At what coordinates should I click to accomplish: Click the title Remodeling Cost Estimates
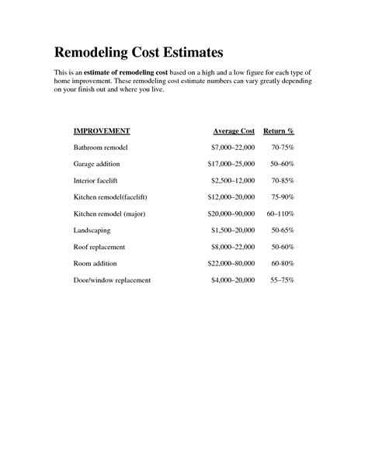click(x=138, y=53)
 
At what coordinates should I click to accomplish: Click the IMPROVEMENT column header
click(x=102, y=130)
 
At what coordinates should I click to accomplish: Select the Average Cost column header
click(x=234, y=130)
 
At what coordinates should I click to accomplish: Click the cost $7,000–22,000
click(x=233, y=147)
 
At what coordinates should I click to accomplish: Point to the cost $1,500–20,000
click(x=233, y=230)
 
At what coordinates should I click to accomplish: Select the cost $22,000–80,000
click(x=231, y=263)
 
